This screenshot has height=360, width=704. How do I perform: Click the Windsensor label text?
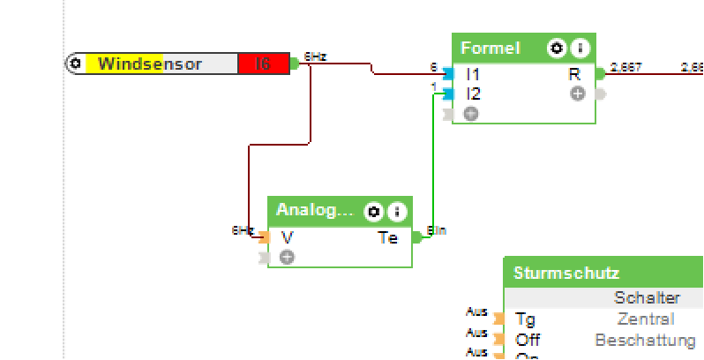coord(150,64)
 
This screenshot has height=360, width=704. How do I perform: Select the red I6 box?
coord(263,64)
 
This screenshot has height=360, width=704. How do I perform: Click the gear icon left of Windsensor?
coord(76,64)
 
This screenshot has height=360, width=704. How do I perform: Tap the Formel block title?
coord(491,49)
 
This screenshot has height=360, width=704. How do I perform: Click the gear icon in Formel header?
coord(556,49)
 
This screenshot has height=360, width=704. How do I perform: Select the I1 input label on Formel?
coord(473,74)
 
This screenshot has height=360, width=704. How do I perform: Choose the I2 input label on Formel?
coord(473,94)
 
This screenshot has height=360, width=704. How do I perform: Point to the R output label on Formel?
coord(574,74)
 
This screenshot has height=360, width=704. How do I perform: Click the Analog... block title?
coord(314,210)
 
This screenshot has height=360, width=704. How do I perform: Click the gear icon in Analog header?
coord(374,211)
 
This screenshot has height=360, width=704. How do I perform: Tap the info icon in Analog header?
coord(397,211)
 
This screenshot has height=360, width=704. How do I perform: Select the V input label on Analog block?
coord(287,237)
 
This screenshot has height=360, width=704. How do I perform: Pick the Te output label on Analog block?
coord(388,237)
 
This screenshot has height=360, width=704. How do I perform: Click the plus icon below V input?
coord(287,257)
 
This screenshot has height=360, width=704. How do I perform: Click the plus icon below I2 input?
coord(470,113)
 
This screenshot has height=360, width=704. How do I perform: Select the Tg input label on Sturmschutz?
coord(525,319)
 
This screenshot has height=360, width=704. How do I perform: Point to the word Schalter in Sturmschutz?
coord(647,298)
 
